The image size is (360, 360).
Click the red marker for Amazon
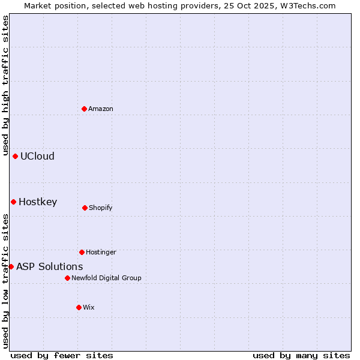click(85, 109)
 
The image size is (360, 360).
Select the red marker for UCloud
click(16, 156)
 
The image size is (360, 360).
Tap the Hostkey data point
click(13, 202)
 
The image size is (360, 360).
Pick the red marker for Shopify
click(85, 208)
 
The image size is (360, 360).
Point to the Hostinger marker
click(82, 252)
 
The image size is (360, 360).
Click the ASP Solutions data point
click(11, 266)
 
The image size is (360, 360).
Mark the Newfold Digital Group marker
click(67, 278)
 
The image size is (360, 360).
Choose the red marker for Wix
click(79, 307)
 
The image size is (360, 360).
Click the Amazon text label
click(101, 109)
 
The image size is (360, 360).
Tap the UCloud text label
click(37, 157)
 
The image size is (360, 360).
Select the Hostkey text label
click(38, 202)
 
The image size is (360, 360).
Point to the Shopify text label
click(101, 208)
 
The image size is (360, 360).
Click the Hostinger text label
click(101, 253)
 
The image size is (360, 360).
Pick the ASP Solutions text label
click(50, 267)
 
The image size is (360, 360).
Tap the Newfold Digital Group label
click(106, 278)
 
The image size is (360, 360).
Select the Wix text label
click(89, 308)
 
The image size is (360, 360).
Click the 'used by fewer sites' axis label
click(62, 355)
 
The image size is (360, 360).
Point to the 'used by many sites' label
click(301, 355)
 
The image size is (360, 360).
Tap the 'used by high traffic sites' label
click(5, 85)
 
